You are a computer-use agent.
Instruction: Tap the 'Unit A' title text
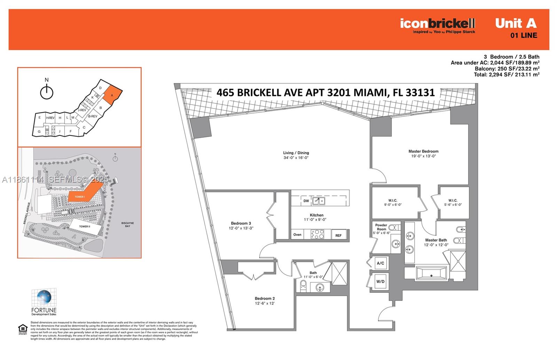[x=516, y=23]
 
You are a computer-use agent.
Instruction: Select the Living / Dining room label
[x=296, y=155]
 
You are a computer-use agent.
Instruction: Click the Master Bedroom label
[x=423, y=153]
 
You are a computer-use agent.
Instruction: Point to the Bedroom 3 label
[x=241, y=226]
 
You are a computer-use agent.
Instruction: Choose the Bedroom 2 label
[x=265, y=301]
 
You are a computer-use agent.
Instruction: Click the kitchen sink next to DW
[x=319, y=201]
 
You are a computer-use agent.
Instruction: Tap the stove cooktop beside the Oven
[x=317, y=234]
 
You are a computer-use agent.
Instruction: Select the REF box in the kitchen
[x=338, y=235]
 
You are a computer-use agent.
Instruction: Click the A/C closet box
[x=380, y=263]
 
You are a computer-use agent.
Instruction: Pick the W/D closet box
[x=380, y=281]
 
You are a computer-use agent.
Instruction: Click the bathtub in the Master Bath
[x=431, y=273]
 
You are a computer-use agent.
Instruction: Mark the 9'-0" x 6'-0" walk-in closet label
[x=393, y=202]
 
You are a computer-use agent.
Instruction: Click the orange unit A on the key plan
[x=112, y=94]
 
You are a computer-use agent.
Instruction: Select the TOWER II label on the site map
[x=84, y=226]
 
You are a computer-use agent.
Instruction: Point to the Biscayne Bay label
[x=127, y=224]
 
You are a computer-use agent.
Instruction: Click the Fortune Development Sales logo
[x=44, y=302]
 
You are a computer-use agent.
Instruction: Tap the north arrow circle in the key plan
[x=47, y=93]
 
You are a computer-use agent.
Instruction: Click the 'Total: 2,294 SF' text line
[x=506, y=74]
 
